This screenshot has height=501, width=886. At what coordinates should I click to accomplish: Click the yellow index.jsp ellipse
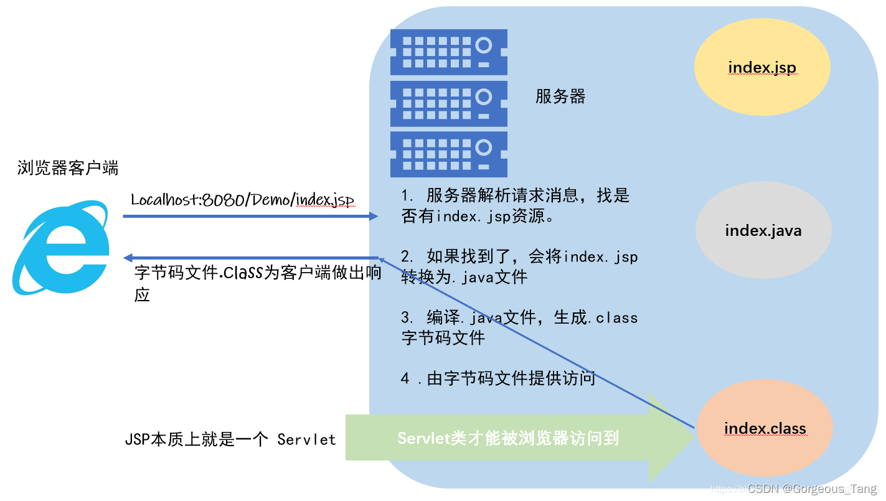click(x=762, y=68)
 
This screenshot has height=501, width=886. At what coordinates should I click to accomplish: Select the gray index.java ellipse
click(x=763, y=231)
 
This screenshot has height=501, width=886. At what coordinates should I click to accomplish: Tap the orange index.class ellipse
click(x=765, y=428)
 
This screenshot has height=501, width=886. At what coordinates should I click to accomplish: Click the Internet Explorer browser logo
click(x=61, y=248)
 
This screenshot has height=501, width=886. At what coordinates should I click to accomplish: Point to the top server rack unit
click(x=448, y=52)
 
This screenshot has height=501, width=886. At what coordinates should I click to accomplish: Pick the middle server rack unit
click(x=448, y=104)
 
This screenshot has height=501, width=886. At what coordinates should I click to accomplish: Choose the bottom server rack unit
click(x=448, y=154)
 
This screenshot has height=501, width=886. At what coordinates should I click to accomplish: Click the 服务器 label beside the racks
click(x=560, y=96)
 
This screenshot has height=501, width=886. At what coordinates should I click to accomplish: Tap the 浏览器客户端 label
click(x=68, y=167)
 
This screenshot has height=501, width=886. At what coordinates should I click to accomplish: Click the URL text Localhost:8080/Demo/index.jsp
click(x=242, y=200)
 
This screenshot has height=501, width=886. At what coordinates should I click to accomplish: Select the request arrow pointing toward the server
click(x=249, y=216)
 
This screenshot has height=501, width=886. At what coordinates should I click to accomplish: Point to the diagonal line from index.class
click(x=535, y=342)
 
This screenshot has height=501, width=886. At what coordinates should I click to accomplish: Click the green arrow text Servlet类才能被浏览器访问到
click(x=508, y=438)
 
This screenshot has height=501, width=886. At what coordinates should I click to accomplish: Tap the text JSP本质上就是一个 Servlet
click(x=230, y=439)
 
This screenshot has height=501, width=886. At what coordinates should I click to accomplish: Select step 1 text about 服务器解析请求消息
click(x=516, y=205)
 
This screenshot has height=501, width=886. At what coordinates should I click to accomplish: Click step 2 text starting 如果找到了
click(x=519, y=266)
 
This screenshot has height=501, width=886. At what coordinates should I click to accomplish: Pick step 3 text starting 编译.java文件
click(x=519, y=327)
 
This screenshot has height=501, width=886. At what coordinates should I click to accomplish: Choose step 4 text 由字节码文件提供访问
click(x=498, y=378)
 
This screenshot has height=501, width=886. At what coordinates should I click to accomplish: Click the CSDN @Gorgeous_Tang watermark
click(x=812, y=489)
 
